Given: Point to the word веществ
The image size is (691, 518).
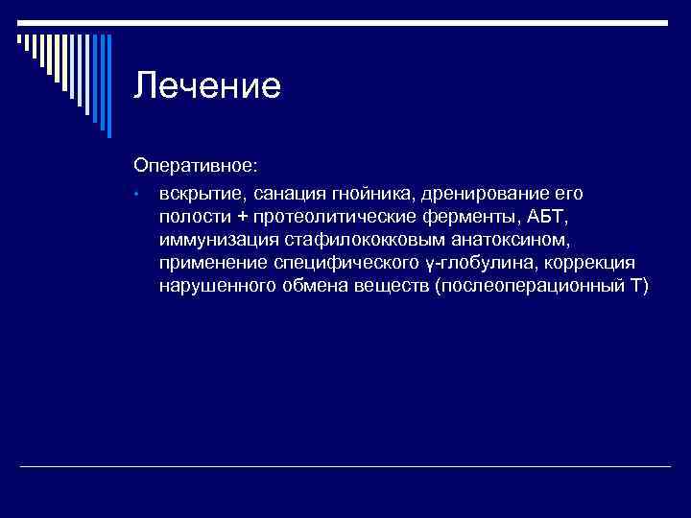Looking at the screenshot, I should click(390, 286).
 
